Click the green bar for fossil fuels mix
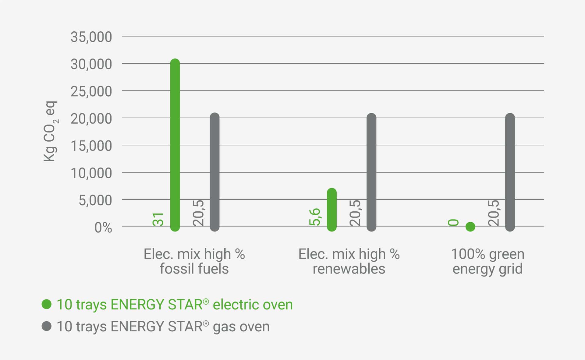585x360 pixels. click(x=175, y=145)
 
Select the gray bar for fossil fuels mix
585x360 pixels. click(x=214, y=172)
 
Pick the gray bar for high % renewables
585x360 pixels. click(x=371, y=172)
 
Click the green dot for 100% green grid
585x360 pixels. click(x=470, y=227)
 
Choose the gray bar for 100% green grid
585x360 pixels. click(x=510, y=172)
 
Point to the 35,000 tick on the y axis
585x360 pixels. click(x=91, y=37)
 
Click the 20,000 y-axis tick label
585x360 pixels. click(x=91, y=118)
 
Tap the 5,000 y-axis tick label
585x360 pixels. click(x=95, y=200)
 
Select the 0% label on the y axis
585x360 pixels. click(x=103, y=228)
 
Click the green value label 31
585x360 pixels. click(x=158, y=219)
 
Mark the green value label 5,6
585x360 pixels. click(x=315, y=217)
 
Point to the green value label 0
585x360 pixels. click(x=453, y=223)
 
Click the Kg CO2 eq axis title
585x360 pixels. click(x=50, y=131)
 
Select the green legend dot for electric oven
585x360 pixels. click(x=47, y=304)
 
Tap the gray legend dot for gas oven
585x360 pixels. click(x=47, y=326)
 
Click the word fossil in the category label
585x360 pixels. click(x=176, y=269)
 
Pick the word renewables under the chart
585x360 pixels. click(x=349, y=269)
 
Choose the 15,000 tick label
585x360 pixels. click(x=91, y=146)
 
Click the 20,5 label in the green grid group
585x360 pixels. click(x=493, y=213)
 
